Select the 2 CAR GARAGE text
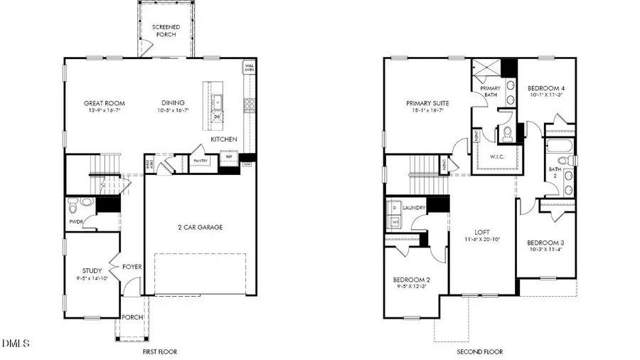pyautogui.click(x=200, y=228)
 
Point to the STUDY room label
pyautogui.click(x=92, y=271)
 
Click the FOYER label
pyautogui.click(x=132, y=267)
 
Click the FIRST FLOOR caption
pyautogui.click(x=159, y=351)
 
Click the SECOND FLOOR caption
pyautogui.click(x=480, y=351)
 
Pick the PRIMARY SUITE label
pyautogui.click(x=425, y=102)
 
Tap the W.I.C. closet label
pyautogui.click(x=496, y=157)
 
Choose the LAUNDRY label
pyautogui.click(x=413, y=208)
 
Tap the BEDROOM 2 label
pyautogui.click(x=411, y=280)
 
